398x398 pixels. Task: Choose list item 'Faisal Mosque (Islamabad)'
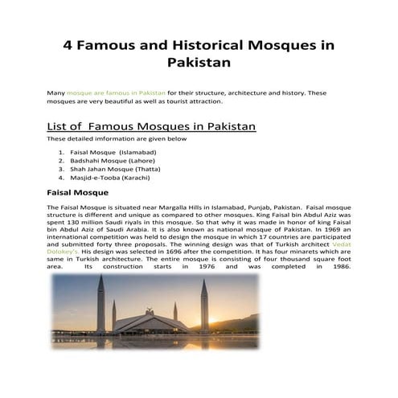pyautogui.click(x=113, y=151)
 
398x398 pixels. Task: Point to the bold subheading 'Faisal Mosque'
pyautogui.click(x=79, y=194)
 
